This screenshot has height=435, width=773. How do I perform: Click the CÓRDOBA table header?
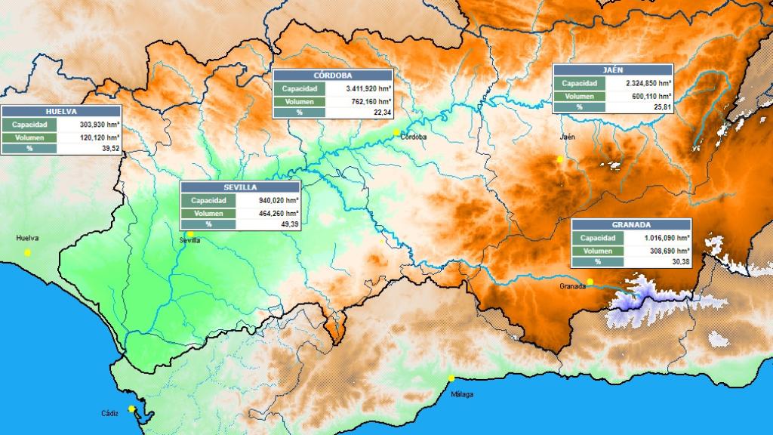pyautogui.click(x=332, y=76)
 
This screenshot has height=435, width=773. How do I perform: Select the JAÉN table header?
pyautogui.click(x=612, y=69)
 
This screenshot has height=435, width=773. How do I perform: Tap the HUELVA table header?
pyautogui.click(x=60, y=111)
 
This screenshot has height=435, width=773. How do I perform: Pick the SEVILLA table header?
pyautogui.click(x=240, y=187)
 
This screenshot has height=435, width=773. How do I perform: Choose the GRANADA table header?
pyautogui.click(x=631, y=225)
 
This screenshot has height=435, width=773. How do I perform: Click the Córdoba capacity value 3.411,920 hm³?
pyautogui.click(x=359, y=88)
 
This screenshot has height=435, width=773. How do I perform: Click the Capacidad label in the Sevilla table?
pyautogui.click(x=208, y=200)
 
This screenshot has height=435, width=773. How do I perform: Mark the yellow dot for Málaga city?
pyautogui.click(x=451, y=378)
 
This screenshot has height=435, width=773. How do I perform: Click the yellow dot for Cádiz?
pyautogui.click(x=131, y=409)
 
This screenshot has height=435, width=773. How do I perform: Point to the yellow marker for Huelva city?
pyautogui.click(x=28, y=252)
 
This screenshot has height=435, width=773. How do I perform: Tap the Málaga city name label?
pyautogui.click(x=462, y=394)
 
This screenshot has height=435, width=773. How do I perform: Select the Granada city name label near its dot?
pyautogui.click(x=573, y=287)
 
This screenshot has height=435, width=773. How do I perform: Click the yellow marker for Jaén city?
pyautogui.click(x=559, y=159)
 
